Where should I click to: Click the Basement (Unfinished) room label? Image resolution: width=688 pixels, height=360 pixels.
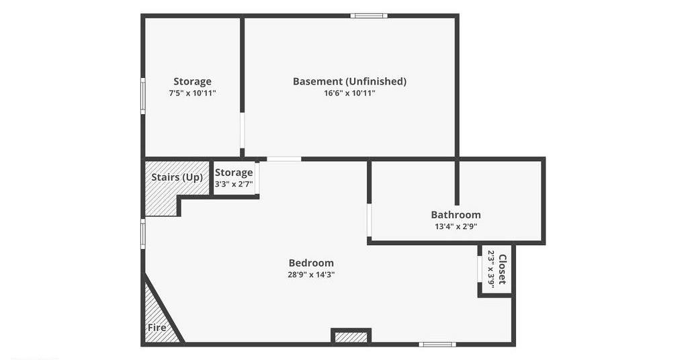[x=349, y=81]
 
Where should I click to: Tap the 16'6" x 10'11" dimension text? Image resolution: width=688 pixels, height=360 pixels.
[x=349, y=93]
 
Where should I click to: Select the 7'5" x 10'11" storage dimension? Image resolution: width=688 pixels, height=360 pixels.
[x=192, y=93]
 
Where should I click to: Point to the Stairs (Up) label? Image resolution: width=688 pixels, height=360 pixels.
[x=177, y=177]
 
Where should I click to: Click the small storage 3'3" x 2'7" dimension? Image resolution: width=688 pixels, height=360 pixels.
[x=234, y=184]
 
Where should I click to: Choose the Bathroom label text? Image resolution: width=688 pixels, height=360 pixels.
[x=456, y=214]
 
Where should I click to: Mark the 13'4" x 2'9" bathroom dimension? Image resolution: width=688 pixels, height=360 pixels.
[x=456, y=226]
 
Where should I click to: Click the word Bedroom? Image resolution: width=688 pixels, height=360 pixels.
[x=311, y=263]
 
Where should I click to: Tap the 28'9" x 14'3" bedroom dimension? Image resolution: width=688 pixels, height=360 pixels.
[x=311, y=275]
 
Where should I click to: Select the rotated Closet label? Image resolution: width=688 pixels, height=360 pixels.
[x=503, y=269]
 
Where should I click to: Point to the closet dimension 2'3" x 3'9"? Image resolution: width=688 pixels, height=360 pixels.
[x=491, y=269]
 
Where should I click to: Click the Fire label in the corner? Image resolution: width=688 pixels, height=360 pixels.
[x=157, y=328]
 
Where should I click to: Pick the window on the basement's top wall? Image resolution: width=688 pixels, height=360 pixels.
[x=369, y=16]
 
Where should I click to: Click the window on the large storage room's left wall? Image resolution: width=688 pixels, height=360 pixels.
[x=142, y=95]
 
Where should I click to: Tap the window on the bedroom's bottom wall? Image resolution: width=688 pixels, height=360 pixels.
[x=437, y=344]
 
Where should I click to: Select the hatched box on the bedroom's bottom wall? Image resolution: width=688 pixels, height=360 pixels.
[x=351, y=337]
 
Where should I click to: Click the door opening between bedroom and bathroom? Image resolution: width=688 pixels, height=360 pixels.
[x=370, y=220]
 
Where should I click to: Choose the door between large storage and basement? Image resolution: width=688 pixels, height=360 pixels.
[x=242, y=131]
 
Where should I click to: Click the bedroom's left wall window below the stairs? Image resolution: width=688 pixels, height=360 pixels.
[x=142, y=234]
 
